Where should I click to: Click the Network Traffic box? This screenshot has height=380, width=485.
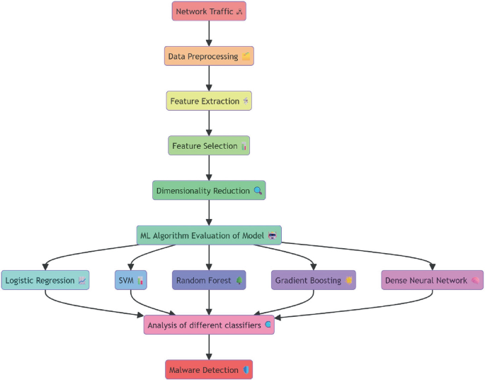coord(209,11)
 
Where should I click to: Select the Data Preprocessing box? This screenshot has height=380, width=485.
coord(209,56)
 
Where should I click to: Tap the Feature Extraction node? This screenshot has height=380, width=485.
coord(209,101)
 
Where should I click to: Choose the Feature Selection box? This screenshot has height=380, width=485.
coord(209,146)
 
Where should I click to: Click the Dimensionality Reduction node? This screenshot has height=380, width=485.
coord(209,191)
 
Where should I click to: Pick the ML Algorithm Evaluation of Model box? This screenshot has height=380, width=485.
coord(209,235)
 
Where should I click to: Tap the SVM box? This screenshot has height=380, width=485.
coord(131,280)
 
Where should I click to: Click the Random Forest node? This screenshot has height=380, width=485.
coord(209,280)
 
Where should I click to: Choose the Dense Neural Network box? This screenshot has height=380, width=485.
coord(432,280)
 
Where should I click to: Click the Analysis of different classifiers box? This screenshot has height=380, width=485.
coord(209,325)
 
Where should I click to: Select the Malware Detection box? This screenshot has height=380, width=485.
coord(209,369)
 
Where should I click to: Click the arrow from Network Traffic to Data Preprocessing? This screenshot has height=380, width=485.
coord(209,33)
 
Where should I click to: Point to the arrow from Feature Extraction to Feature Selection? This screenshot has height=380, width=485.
coord(209,123)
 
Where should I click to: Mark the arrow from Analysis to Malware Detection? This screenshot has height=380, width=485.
coord(209,347)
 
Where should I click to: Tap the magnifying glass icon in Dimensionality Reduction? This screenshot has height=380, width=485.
coord(258,191)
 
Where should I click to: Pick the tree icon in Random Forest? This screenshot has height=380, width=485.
coord(239,280)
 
